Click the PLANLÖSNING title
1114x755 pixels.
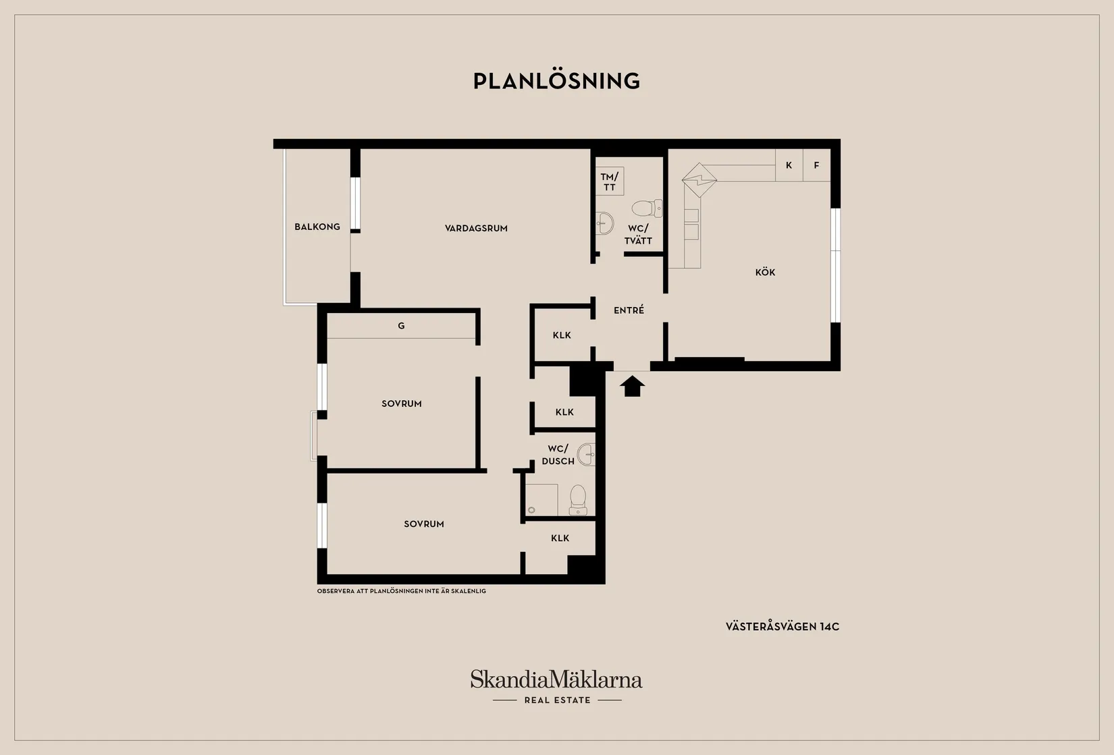(556, 81)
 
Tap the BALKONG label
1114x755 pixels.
(317, 227)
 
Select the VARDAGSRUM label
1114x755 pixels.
(476, 228)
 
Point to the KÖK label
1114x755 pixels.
(765, 272)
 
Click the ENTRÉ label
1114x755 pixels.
(629, 310)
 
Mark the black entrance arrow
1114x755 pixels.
(632, 386)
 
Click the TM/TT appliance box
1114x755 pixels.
(610, 181)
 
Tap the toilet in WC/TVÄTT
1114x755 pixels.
(647, 208)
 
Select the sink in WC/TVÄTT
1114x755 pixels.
(604, 223)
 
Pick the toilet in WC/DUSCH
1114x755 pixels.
(578, 500)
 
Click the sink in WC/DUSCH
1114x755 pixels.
(586, 454)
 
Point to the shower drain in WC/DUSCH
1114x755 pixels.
(531, 510)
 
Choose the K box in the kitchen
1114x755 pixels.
(789, 165)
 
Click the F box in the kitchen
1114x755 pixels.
(817, 165)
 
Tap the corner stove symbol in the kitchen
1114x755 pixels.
(699, 180)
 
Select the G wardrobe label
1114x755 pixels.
(401, 326)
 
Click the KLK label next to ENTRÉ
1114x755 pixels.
(562, 335)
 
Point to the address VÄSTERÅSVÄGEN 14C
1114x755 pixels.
(783, 626)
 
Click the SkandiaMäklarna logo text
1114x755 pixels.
(556, 679)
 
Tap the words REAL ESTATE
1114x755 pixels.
(558, 700)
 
